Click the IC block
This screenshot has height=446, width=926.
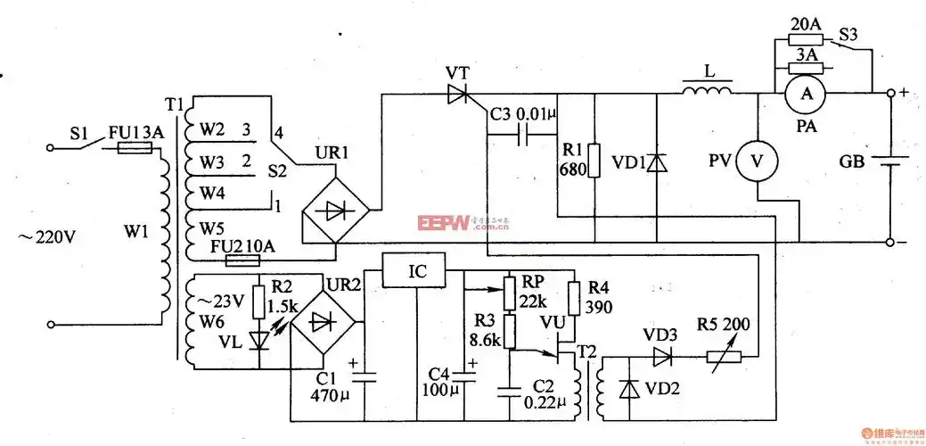coord(416,271)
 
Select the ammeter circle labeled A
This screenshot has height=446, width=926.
coord(806,93)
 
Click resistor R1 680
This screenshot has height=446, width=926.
coord(594,161)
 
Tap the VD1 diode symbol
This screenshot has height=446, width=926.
coord(656,162)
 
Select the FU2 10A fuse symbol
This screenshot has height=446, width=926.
coord(242,261)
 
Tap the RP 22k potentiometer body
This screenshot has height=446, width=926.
coord(510,290)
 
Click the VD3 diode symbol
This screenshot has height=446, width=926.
coord(661,357)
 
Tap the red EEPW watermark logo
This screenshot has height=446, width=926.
coord(444,222)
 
